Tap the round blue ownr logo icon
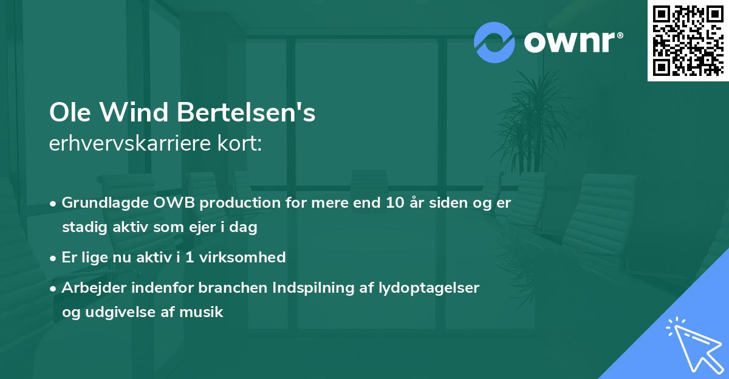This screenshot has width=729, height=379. pos(495,42)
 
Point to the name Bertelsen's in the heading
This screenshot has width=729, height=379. pos(247,113)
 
